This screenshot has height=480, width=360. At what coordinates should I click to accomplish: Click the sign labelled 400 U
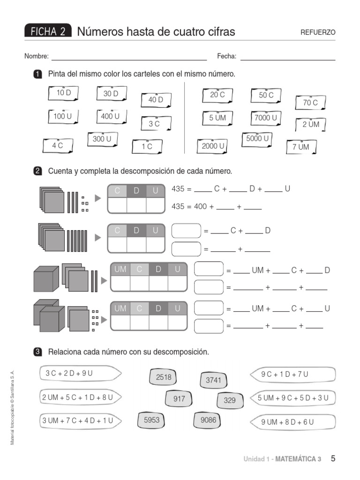point(111,116)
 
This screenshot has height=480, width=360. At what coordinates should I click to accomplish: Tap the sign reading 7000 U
point(266,118)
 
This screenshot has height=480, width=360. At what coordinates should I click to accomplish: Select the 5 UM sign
point(217,118)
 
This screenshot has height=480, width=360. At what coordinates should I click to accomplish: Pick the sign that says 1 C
point(147,146)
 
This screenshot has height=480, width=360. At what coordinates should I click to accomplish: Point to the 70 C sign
point(310,103)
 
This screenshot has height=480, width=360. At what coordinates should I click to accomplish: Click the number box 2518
point(164,377)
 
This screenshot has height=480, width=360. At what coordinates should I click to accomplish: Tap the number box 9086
point(208,420)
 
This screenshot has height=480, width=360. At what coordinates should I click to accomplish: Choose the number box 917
point(179,399)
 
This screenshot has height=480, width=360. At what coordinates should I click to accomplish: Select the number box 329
point(230,400)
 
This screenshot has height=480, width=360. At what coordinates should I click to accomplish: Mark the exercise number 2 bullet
point(38,171)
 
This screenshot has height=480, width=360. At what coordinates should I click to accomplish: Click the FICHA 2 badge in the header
point(48,32)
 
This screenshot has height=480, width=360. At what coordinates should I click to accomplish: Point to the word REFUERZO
point(318,32)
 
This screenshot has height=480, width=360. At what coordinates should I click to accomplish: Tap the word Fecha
point(226,57)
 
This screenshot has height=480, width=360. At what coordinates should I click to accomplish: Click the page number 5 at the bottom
point(333,458)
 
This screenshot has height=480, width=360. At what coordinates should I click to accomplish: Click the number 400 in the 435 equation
point(201,206)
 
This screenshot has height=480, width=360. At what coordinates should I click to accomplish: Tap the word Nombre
point(37,57)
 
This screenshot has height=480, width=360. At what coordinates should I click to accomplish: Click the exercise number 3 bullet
point(38,352)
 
